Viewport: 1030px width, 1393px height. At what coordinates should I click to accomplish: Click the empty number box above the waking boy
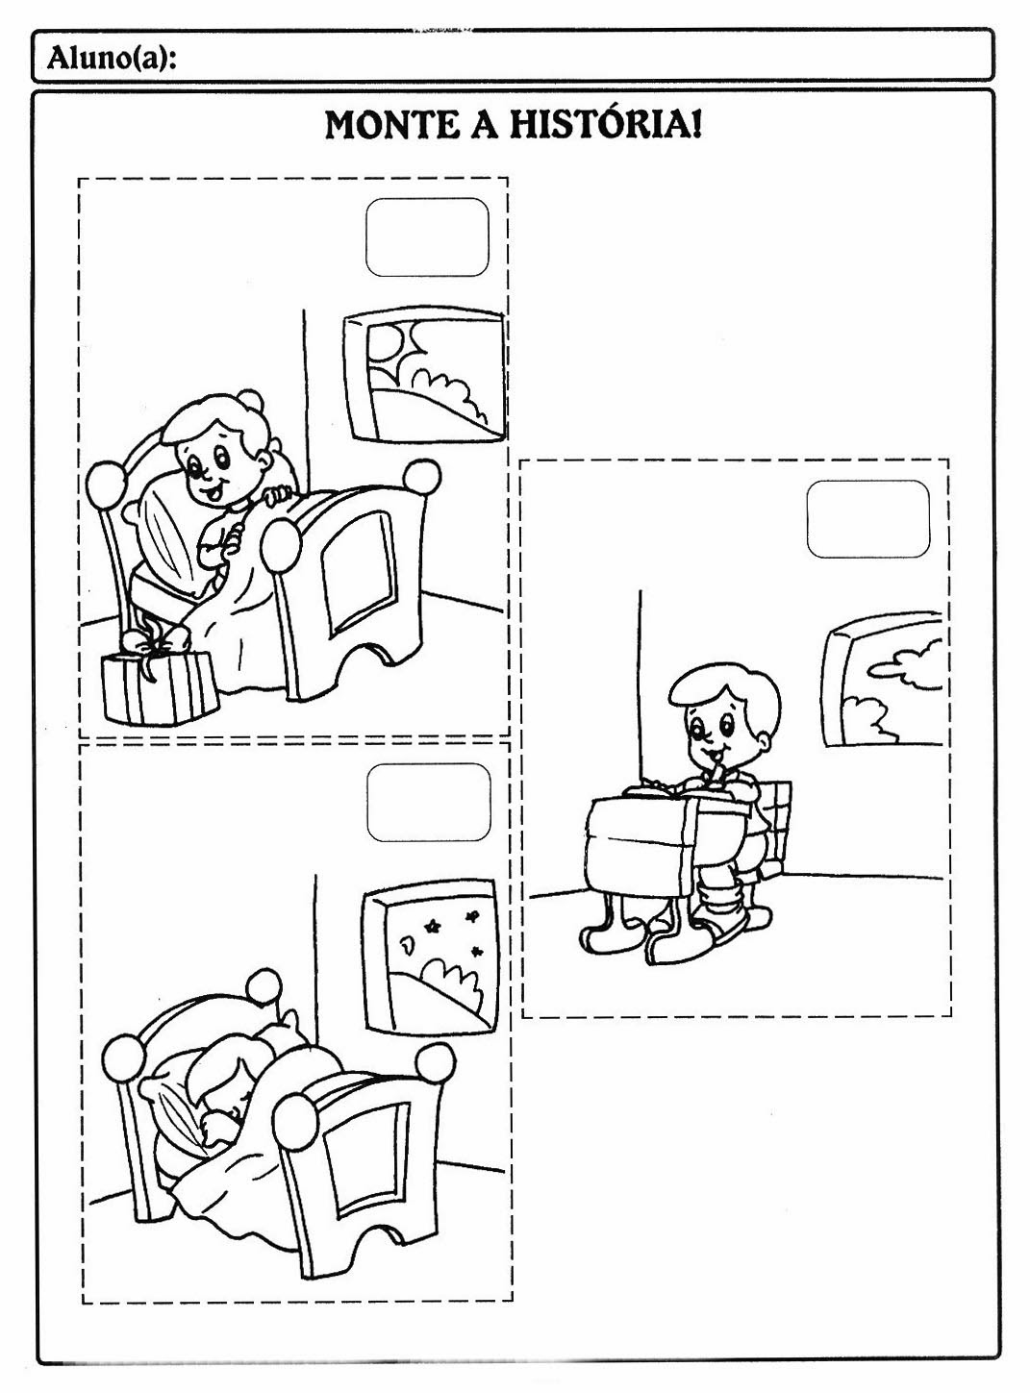point(427,236)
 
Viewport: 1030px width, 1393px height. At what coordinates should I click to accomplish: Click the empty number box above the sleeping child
point(428,802)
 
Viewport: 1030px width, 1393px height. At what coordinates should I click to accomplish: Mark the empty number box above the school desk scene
point(867,520)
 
